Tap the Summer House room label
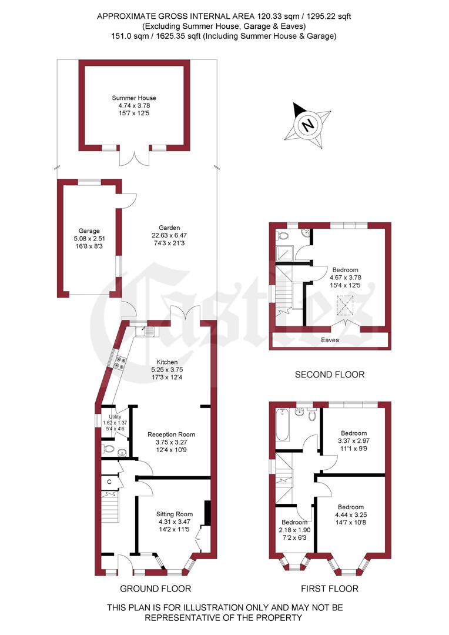134,98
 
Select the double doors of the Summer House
135,156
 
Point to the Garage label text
89,231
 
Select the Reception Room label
171,435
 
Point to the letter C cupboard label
109,482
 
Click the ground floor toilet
108,449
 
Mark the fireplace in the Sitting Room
207,512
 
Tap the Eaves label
330,340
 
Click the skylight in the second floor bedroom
343,305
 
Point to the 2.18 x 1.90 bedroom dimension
293,530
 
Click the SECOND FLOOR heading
329,375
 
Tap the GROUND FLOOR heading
155,589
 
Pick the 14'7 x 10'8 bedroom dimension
350,522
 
